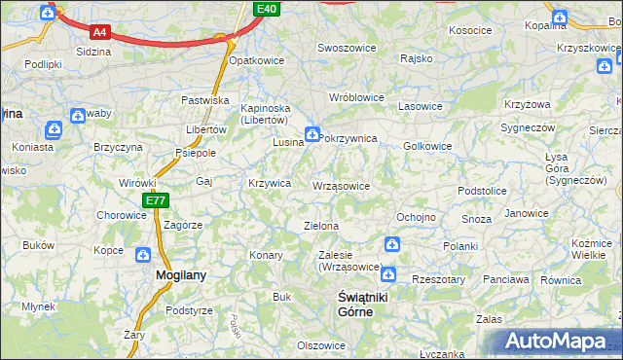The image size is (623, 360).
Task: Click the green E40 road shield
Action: [x=268, y=9]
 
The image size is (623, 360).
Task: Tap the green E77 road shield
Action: [x=155, y=200]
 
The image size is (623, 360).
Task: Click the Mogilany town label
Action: [x=181, y=275]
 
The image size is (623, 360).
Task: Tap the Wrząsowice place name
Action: [x=341, y=186]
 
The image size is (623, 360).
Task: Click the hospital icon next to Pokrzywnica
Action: [x=311, y=134]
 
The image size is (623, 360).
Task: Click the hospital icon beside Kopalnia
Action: [x=559, y=17]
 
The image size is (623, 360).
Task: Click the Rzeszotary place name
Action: [x=438, y=279]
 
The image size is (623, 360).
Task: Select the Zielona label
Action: [x=321, y=226]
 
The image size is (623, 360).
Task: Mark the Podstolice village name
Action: [x=482, y=192]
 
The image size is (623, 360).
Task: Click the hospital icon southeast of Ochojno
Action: [x=391, y=244]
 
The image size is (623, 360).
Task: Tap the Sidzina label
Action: [x=92, y=51]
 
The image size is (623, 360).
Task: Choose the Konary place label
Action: [x=266, y=255]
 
